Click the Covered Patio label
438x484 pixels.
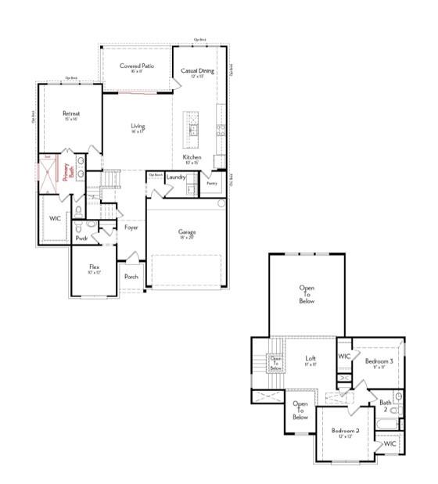click(x=136, y=66)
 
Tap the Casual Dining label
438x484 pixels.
click(x=197, y=71)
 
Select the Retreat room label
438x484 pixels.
click(x=71, y=114)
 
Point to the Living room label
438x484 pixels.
click(x=138, y=127)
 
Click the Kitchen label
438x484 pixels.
click(x=192, y=158)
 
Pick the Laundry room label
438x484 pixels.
click(x=176, y=177)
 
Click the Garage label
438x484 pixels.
click(x=186, y=232)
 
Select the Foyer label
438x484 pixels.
click(x=131, y=228)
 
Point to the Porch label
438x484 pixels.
click(x=131, y=276)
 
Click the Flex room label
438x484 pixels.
click(x=94, y=268)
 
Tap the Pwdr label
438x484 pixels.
click(x=81, y=238)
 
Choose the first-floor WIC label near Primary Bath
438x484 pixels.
click(x=55, y=218)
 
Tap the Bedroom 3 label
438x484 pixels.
click(x=379, y=362)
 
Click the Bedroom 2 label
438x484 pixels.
click(x=344, y=431)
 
